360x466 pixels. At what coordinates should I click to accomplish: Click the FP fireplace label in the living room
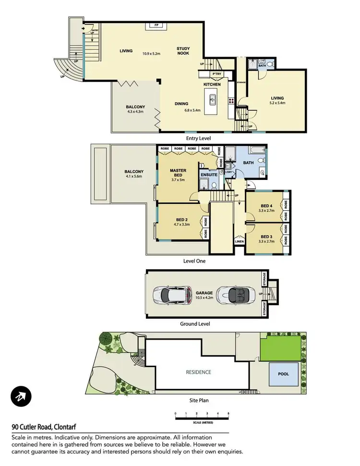(x=156, y=24)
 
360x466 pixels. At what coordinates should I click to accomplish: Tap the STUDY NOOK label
(x=183, y=51)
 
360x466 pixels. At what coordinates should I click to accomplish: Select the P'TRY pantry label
(x=216, y=73)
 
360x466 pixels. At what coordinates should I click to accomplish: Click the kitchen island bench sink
(x=212, y=100)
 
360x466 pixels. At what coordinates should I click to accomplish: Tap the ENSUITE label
(x=209, y=175)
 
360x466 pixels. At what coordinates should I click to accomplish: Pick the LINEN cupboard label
(x=239, y=241)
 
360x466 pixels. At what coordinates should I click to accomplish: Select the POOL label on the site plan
(x=284, y=374)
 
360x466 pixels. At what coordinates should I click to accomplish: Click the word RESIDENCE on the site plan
(x=198, y=372)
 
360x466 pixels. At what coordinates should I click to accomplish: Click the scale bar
(x=202, y=418)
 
